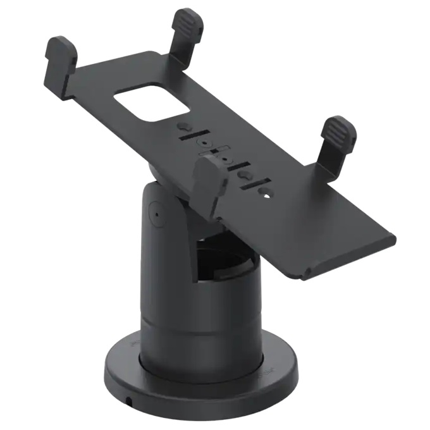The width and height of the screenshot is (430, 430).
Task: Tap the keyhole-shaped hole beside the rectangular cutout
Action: click(x=181, y=125)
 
